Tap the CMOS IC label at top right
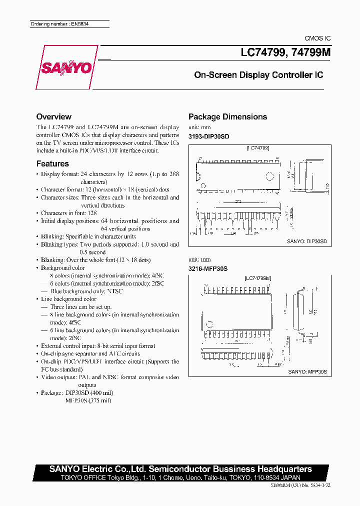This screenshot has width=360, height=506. [x=317, y=38]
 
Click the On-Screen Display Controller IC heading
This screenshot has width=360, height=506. [x=258, y=75]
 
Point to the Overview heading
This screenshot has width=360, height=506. [x=54, y=116]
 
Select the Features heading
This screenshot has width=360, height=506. [x=52, y=163]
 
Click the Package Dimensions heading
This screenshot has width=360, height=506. [x=227, y=116]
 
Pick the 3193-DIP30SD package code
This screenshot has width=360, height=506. [x=208, y=136]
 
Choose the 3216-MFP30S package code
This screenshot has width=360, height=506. [x=208, y=268]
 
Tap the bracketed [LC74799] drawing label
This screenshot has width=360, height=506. [x=258, y=148]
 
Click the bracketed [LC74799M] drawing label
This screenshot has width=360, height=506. [x=258, y=278]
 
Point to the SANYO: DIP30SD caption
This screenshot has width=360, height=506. [x=306, y=241]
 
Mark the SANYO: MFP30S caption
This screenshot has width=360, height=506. [x=307, y=372]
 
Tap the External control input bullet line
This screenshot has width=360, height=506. [x=97, y=346]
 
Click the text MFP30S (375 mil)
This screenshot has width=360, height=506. [x=88, y=400]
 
